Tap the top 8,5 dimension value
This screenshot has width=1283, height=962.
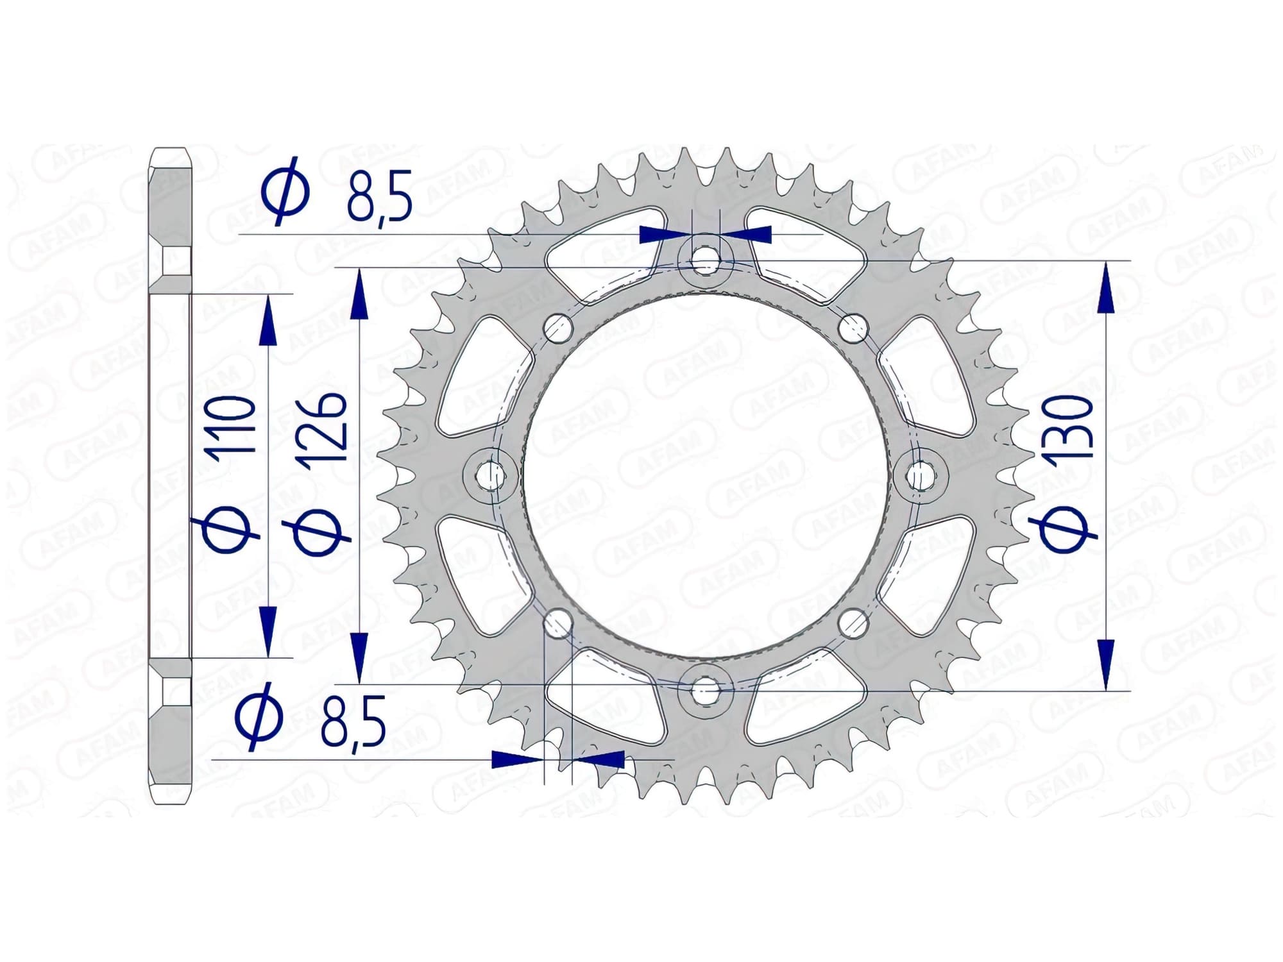(379, 195)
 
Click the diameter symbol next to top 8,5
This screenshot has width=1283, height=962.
(286, 190)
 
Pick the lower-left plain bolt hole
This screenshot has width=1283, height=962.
(557, 622)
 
